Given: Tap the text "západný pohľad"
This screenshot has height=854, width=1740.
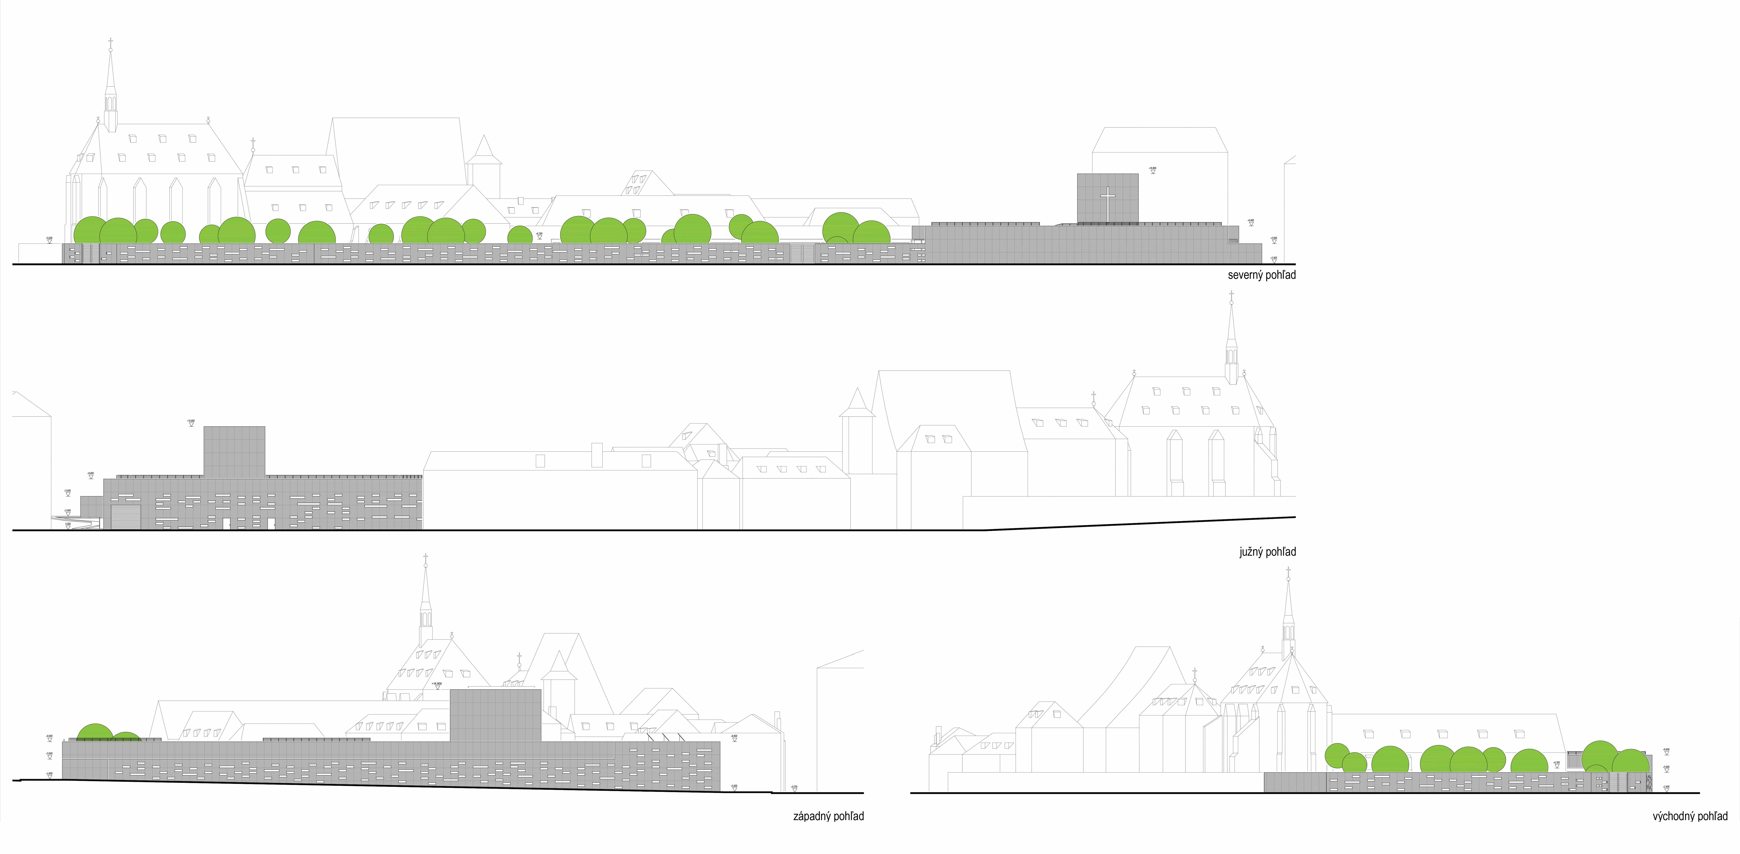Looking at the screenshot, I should tap(828, 816).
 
